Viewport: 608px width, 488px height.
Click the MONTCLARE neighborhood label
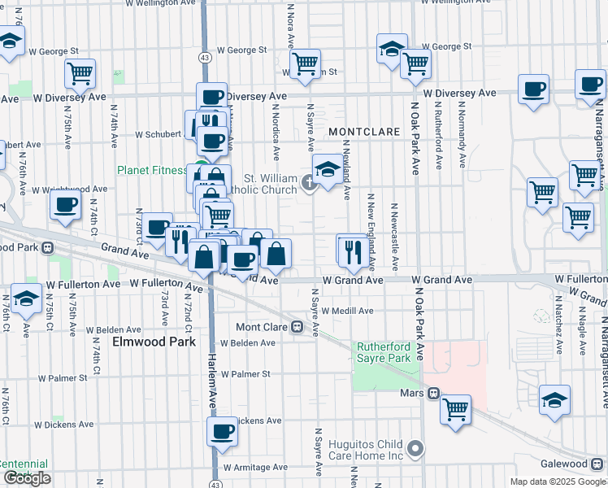click(x=361, y=131)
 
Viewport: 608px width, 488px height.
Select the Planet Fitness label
click(x=151, y=171)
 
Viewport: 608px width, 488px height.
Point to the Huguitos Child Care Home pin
click(x=416, y=448)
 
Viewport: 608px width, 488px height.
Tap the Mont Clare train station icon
click(x=298, y=328)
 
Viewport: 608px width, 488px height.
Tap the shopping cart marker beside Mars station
click(x=456, y=408)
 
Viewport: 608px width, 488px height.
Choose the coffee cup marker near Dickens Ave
click(x=222, y=431)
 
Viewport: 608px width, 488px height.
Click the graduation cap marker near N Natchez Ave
click(x=555, y=400)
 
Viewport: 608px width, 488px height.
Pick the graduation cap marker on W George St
click(x=392, y=48)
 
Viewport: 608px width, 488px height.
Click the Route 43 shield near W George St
click(x=206, y=58)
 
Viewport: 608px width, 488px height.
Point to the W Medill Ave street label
click(x=347, y=311)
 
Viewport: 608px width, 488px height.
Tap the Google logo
click(x=27, y=478)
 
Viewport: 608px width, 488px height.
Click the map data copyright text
click(x=558, y=481)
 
